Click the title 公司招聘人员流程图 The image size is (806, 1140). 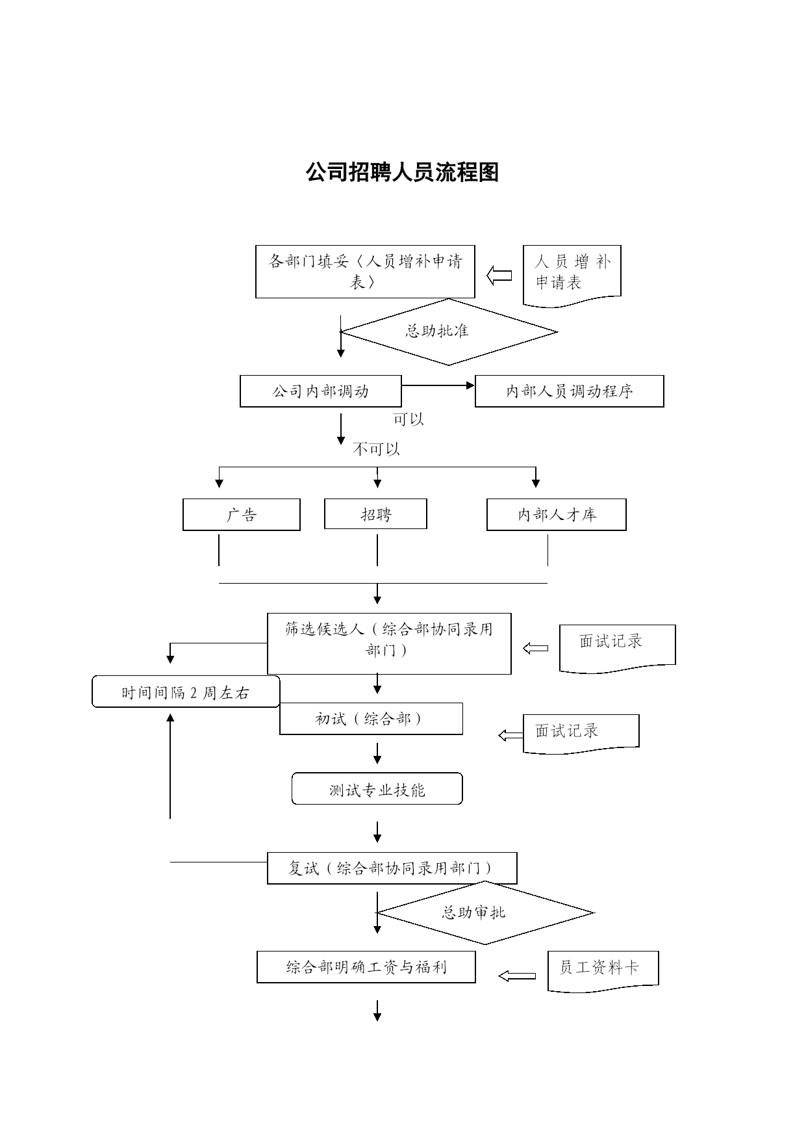pos(402,173)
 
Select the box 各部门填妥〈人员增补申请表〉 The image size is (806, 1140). pos(365,272)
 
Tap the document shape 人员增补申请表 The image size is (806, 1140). pos(572,276)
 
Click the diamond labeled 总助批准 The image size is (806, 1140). pos(449,331)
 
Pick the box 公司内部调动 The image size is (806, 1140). pos(321,391)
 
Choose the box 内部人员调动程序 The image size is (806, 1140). pos(570,391)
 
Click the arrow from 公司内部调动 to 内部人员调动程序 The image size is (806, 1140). pos(438,385)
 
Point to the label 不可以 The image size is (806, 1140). pos(376,449)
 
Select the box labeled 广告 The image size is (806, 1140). pos(242,515)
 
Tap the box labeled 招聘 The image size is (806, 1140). pos(376,514)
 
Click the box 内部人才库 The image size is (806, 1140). pos(557,515)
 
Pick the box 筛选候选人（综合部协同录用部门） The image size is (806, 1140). pos(389,643)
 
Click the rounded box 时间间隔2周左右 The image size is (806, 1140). pos(186,692)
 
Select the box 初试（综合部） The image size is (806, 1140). pos(372,719)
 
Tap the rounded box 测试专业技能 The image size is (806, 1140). pos(377,789)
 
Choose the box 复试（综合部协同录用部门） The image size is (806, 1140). pos(392,868)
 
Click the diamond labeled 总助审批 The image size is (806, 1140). pos(485,913)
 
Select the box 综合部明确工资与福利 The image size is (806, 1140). pos(366,967)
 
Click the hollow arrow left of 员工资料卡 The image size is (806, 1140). pos(517,976)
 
